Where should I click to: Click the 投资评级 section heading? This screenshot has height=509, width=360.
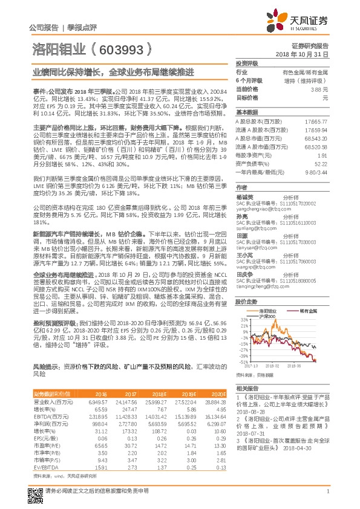(x=247, y=62)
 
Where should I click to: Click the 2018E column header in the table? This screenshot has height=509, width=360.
(x=153, y=394)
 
